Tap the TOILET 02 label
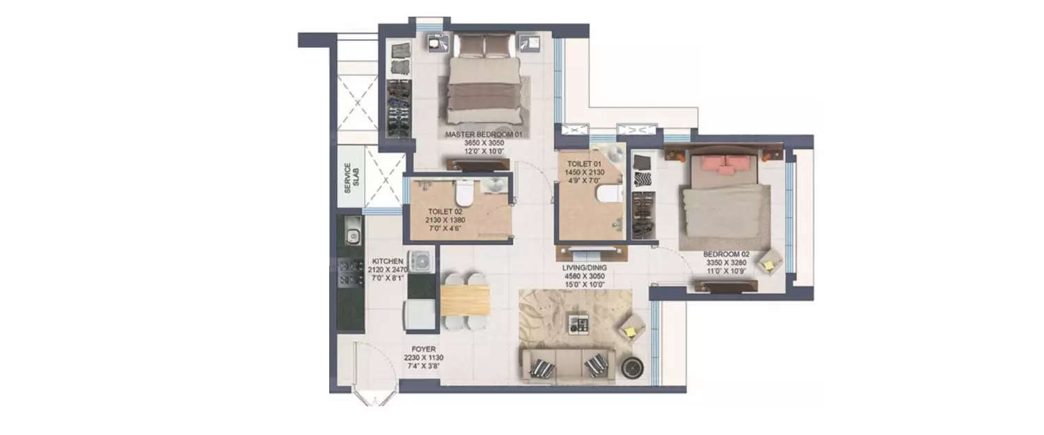tap(441, 211)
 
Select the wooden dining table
tap(465, 300)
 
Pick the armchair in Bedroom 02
tap(770, 263)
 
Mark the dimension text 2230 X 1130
tap(424, 358)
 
